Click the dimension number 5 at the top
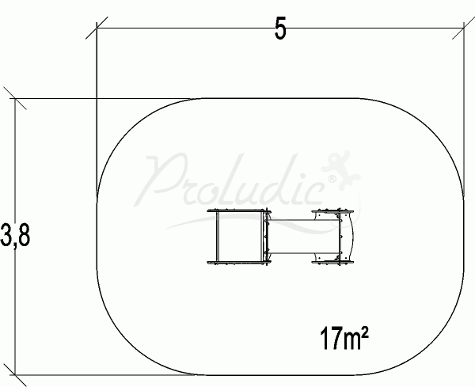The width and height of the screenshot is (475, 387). (280, 28)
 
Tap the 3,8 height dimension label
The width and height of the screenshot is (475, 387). (15, 235)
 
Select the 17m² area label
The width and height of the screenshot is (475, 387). (344, 338)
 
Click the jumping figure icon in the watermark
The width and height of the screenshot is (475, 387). (340, 169)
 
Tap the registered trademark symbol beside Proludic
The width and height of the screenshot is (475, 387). (332, 179)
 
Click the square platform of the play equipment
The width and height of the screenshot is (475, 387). (239, 237)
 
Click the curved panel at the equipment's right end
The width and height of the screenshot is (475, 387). (349, 236)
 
